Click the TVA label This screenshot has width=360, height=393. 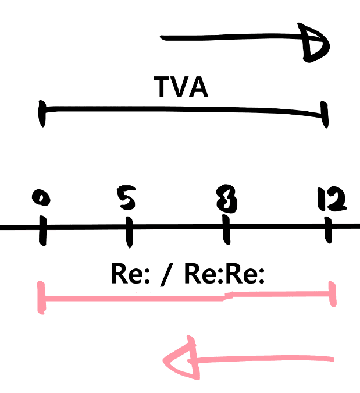point(181,87)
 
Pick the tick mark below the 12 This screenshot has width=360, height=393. point(329,231)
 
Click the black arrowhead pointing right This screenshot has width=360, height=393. point(316,42)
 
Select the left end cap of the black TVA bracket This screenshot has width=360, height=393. point(42,114)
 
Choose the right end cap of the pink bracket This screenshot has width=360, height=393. point(333,296)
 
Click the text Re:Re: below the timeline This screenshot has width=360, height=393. point(224,274)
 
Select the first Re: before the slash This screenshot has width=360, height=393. point(130,274)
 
